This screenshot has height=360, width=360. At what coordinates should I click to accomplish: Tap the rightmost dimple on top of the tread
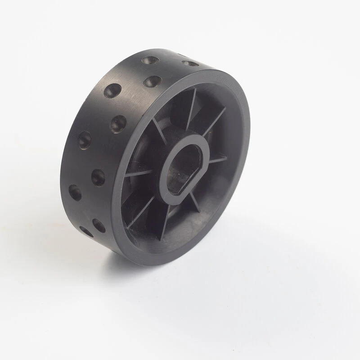coord(190,63)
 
